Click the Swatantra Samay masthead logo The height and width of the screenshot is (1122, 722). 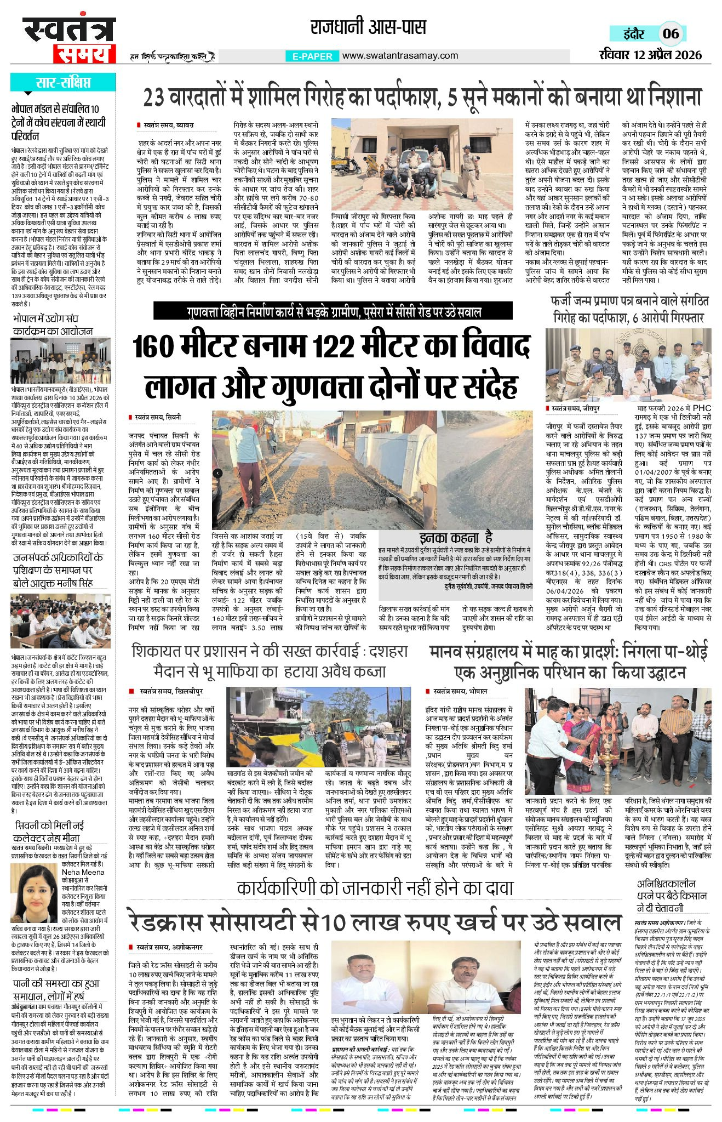coord(69,40)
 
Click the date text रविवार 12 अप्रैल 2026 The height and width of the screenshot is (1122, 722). coord(650,55)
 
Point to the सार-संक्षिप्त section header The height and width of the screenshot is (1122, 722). coord(63,83)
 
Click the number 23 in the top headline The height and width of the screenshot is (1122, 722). coord(156,98)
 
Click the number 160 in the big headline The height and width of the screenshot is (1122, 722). coord(158,347)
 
